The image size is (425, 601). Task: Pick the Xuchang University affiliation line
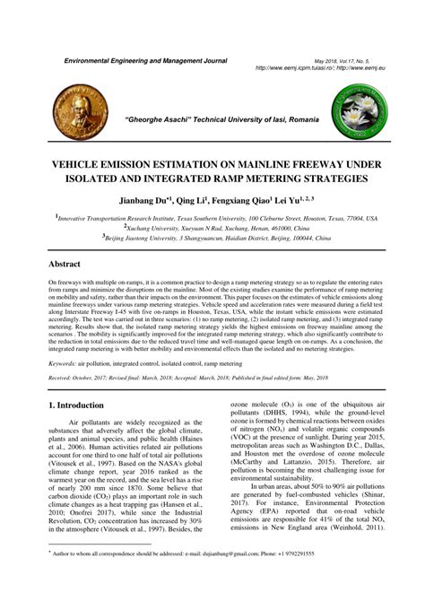216,229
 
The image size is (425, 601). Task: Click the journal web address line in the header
317,66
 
